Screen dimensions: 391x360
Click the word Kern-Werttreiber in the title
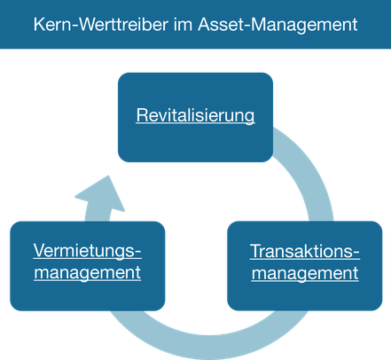(x=101, y=25)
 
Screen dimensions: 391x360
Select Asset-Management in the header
(x=278, y=25)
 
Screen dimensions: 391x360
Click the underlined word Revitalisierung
(x=195, y=115)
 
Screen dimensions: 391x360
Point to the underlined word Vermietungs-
(x=88, y=252)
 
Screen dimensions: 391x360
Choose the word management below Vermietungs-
(x=88, y=273)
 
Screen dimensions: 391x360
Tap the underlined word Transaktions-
(x=305, y=252)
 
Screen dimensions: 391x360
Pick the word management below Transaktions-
(x=305, y=273)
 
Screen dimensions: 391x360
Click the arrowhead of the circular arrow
(x=101, y=193)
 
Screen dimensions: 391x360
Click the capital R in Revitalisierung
(x=142, y=115)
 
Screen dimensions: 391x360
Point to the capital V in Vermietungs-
(x=40, y=250)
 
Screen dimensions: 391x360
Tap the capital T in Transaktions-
(x=256, y=251)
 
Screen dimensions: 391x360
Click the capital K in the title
(x=40, y=25)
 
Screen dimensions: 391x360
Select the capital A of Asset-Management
(x=205, y=25)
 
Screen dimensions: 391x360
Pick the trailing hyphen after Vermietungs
(x=138, y=253)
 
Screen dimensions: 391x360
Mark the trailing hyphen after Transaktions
(x=356, y=254)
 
